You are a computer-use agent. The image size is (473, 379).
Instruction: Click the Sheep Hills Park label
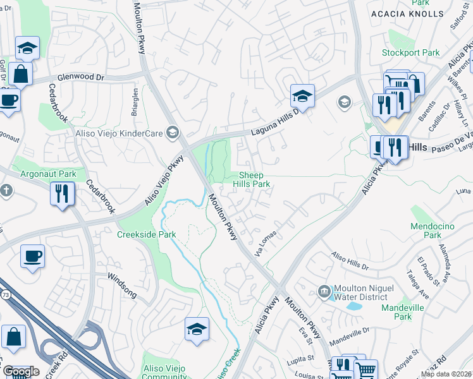[x=255, y=179]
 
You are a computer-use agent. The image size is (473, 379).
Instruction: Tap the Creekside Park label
[x=146, y=234]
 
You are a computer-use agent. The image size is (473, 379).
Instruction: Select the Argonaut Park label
[x=47, y=173]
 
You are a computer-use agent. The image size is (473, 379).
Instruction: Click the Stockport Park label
[x=410, y=53]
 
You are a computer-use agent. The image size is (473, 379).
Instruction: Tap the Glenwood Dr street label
[x=80, y=77]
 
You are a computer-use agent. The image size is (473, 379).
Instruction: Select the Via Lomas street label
[x=266, y=243]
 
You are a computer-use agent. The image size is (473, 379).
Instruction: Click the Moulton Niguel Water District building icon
[x=324, y=291]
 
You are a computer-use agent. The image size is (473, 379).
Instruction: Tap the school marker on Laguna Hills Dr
[x=302, y=96]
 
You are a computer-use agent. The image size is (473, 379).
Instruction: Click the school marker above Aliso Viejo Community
[x=197, y=329]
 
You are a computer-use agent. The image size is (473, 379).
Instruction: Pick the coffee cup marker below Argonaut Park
[x=32, y=256]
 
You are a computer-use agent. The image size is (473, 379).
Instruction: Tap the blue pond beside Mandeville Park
[x=354, y=305]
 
